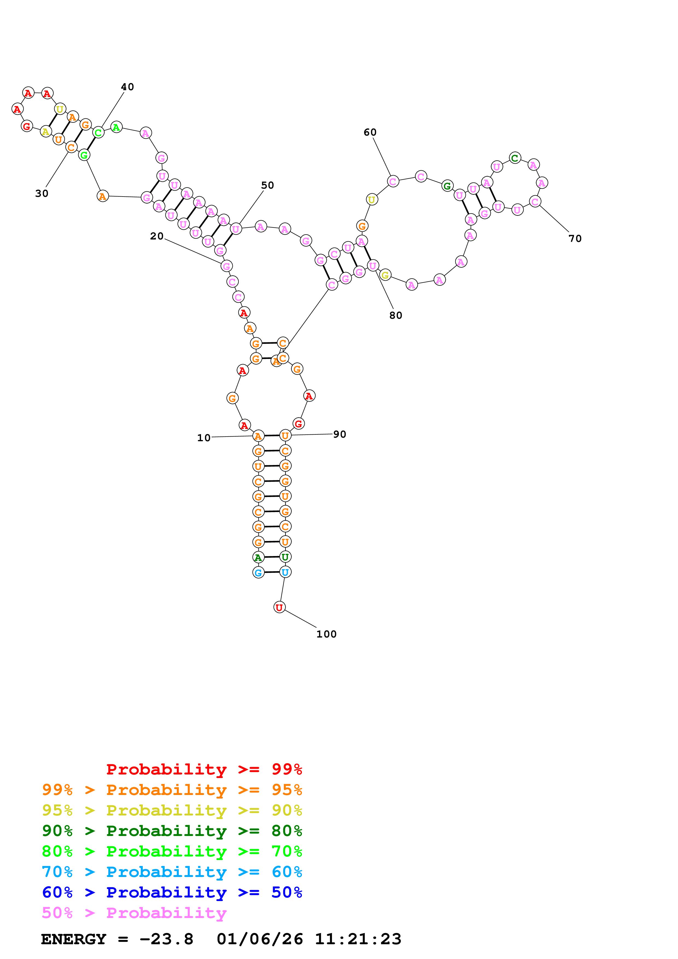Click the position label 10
(204, 438)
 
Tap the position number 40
(127, 87)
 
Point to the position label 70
(575, 238)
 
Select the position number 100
(326, 634)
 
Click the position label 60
(370, 132)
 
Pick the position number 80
(395, 315)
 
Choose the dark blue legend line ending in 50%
(172, 892)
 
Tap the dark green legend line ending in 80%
(172, 831)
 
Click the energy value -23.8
(166, 939)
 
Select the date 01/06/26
(260, 939)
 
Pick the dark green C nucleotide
(515, 158)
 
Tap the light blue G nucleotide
(258, 573)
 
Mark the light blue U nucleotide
(285, 572)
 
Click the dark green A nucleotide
(258, 557)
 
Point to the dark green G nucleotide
(447, 186)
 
